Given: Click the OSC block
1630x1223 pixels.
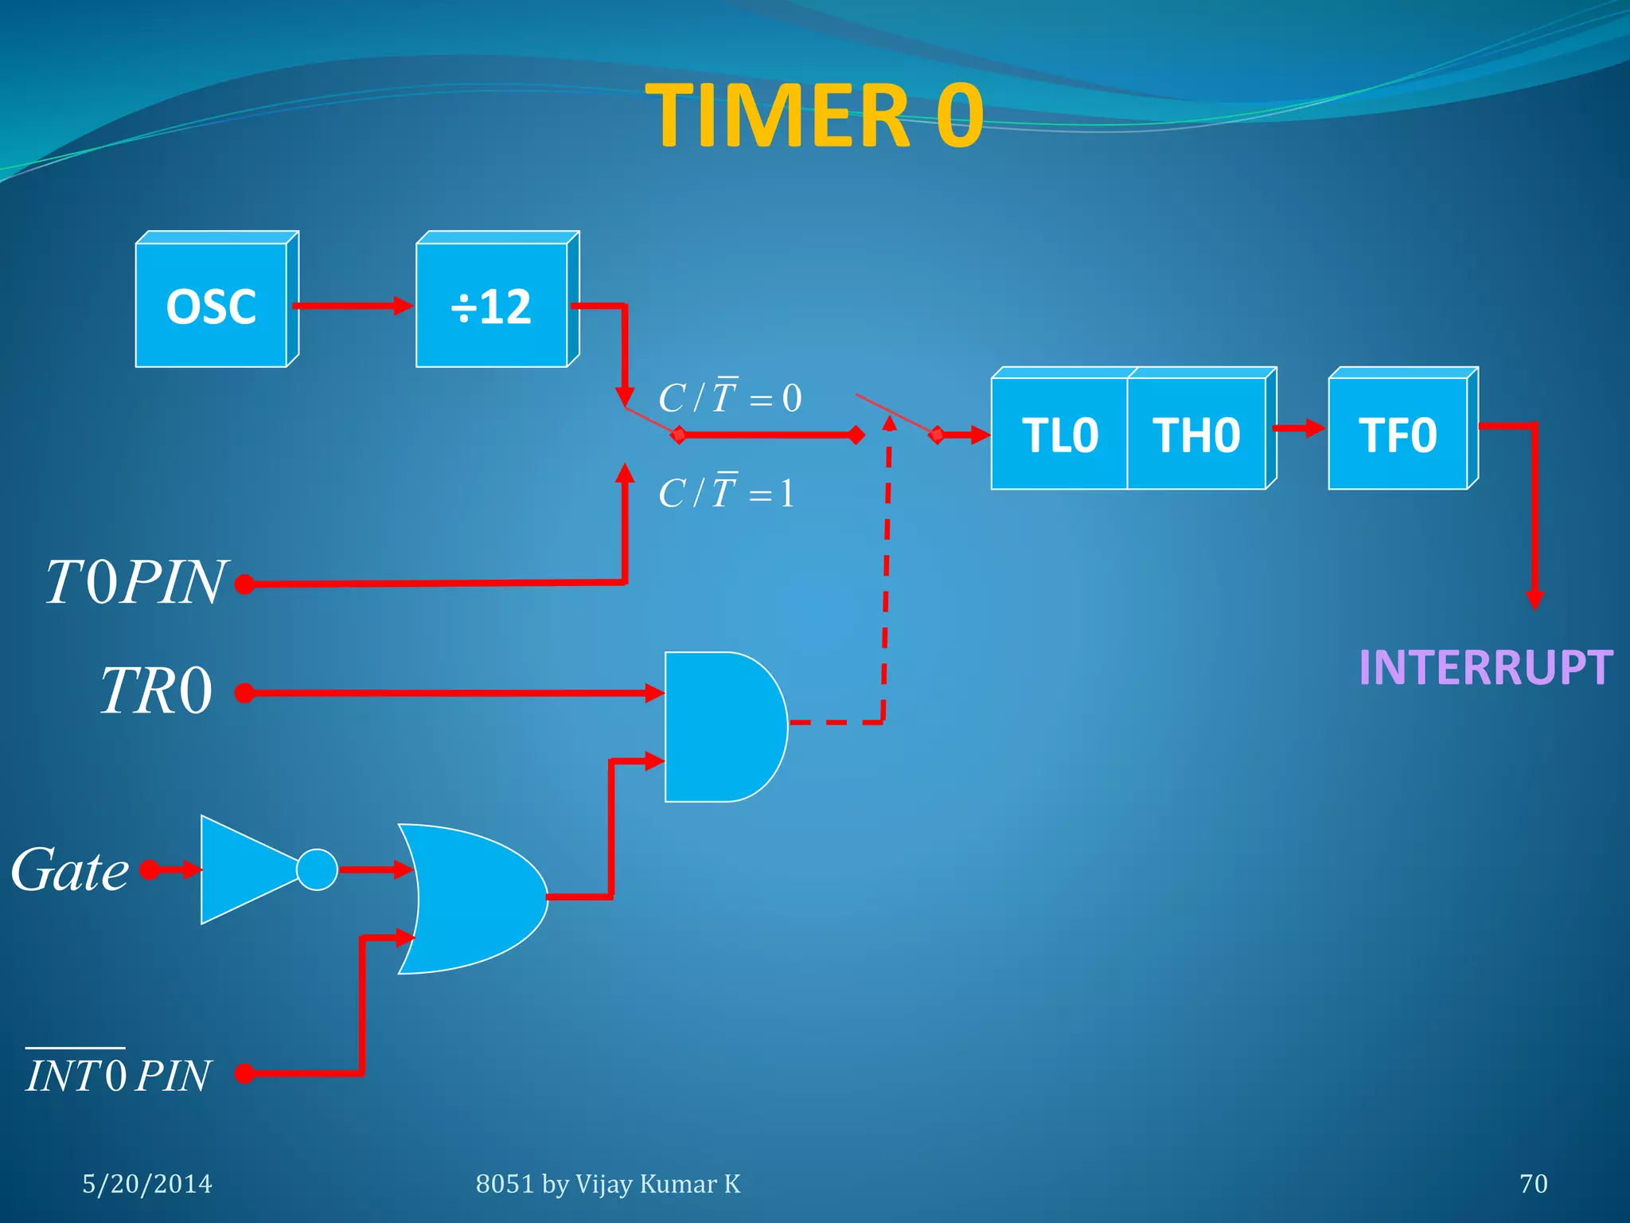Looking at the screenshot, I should (212, 306).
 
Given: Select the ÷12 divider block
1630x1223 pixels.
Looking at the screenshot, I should (492, 306).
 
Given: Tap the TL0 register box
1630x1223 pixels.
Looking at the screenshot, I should (1059, 435).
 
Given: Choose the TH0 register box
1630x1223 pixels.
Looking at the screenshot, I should (1196, 435).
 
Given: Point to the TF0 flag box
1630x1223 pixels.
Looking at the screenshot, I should (1398, 435).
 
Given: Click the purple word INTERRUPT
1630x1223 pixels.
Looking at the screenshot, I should (1485, 667).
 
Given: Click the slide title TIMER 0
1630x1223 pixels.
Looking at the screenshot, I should (815, 116).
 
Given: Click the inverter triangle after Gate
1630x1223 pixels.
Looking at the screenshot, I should (243, 869).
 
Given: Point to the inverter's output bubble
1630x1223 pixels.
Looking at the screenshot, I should (317, 869).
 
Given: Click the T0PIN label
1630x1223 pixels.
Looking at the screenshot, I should (135, 583).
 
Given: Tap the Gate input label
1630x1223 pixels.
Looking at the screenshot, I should (70, 869).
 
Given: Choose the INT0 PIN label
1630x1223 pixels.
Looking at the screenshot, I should (118, 1075).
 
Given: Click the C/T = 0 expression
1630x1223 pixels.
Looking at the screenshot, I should (730, 397).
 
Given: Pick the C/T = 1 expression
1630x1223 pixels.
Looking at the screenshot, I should (726, 492).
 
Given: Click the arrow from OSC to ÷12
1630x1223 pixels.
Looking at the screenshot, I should (353, 306).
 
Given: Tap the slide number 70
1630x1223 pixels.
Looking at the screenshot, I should (1533, 1184).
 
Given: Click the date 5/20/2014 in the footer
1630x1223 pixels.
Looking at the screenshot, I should (147, 1184).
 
